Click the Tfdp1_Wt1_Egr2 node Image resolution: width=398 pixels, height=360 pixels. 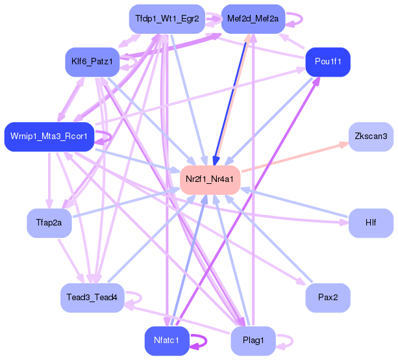click(168, 19)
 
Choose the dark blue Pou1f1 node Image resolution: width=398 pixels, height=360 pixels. click(328, 62)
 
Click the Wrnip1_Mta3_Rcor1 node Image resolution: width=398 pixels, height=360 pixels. click(49, 136)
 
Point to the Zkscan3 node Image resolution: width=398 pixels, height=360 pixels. click(371, 136)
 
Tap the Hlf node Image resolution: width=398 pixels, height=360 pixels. click(371, 223)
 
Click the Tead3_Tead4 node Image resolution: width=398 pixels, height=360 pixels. click(92, 298)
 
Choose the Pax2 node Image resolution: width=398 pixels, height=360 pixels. click(328, 298)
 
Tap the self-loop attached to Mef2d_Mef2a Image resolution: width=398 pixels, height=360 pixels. click(293, 19)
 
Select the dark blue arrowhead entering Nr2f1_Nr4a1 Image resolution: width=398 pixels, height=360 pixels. click(214, 161)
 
